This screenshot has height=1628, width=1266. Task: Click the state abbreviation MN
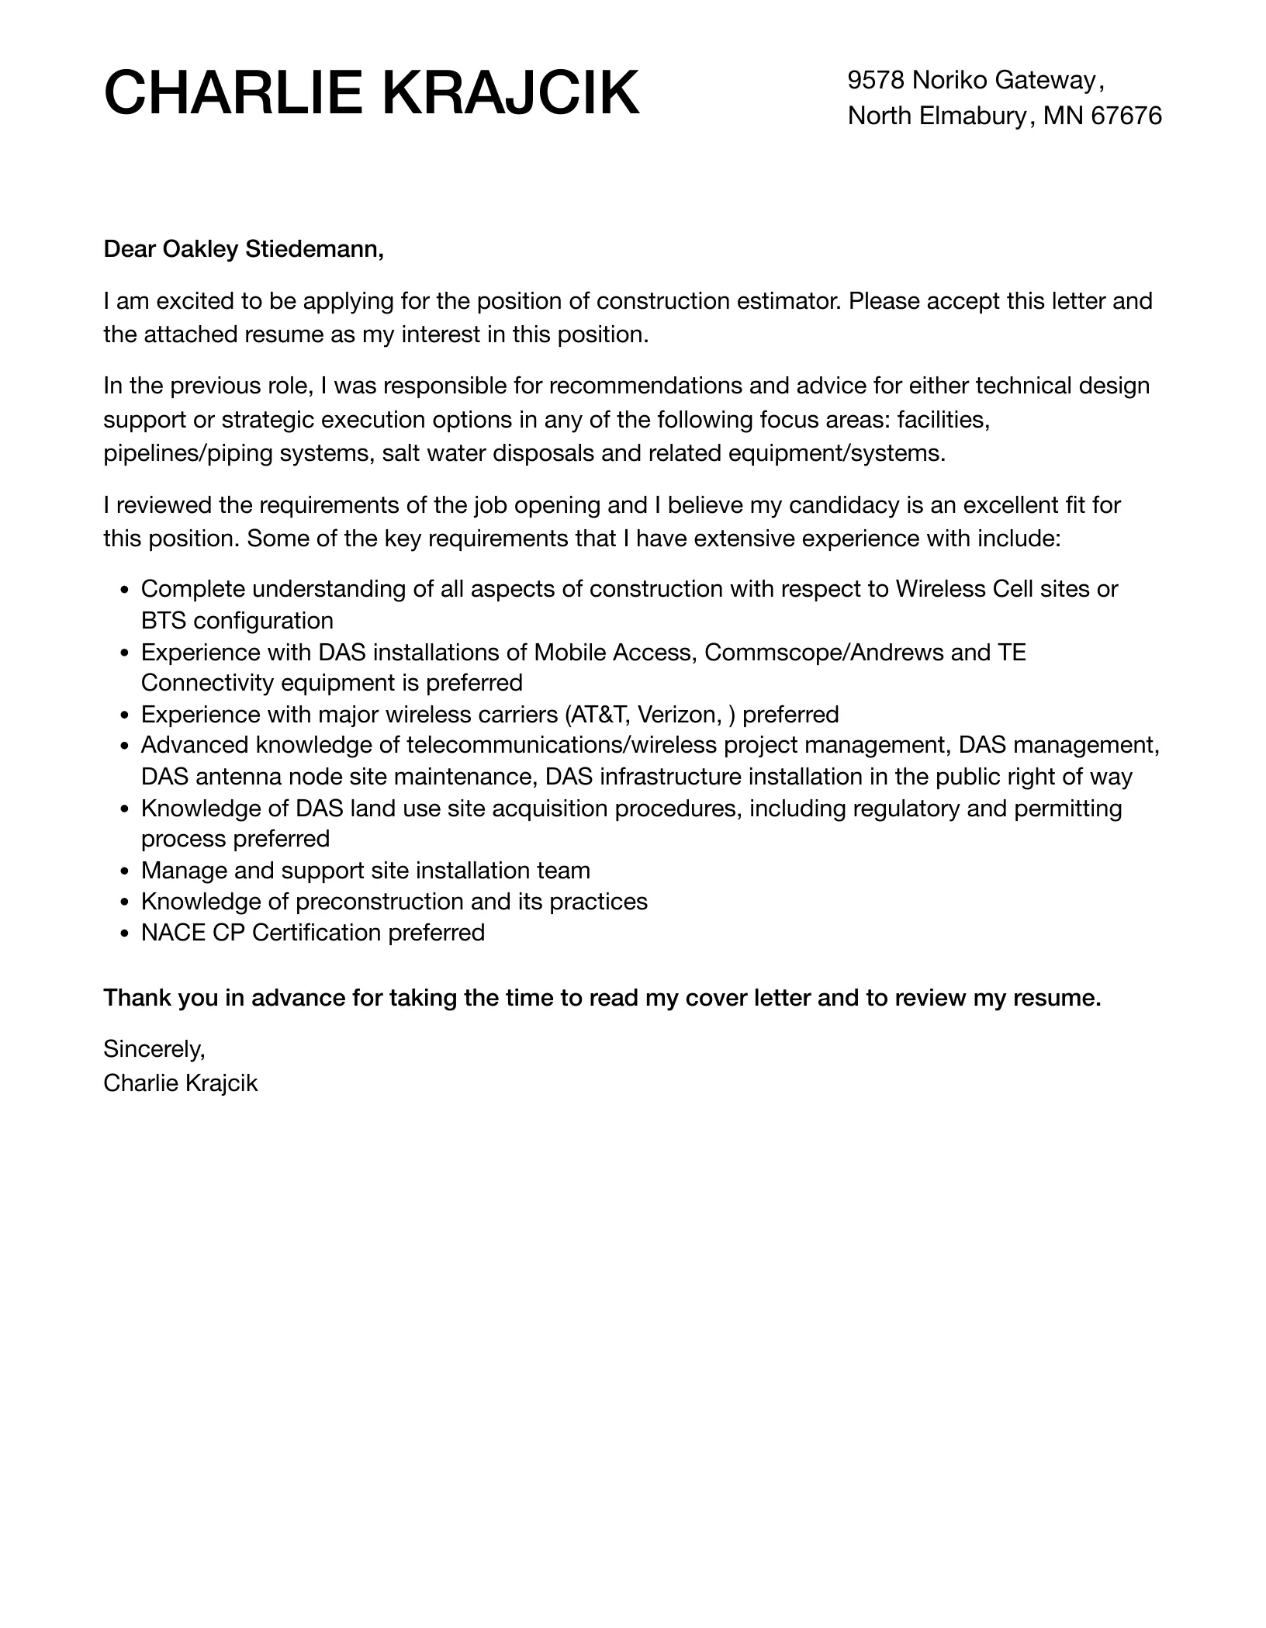pos(1063,116)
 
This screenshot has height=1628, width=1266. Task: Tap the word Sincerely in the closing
pos(154,1049)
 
